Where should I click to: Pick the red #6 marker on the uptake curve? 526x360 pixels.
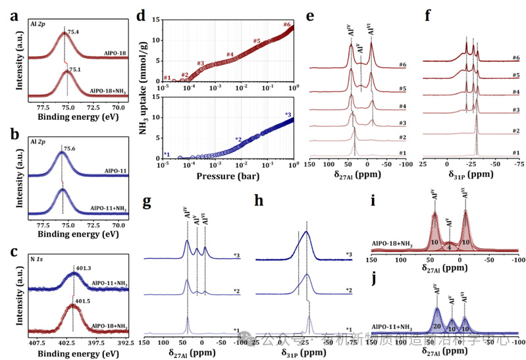(287, 24)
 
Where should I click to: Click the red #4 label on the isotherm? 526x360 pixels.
(230, 54)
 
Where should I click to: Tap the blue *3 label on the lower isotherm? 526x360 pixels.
(288, 115)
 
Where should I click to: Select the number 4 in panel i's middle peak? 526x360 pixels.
(449, 247)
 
